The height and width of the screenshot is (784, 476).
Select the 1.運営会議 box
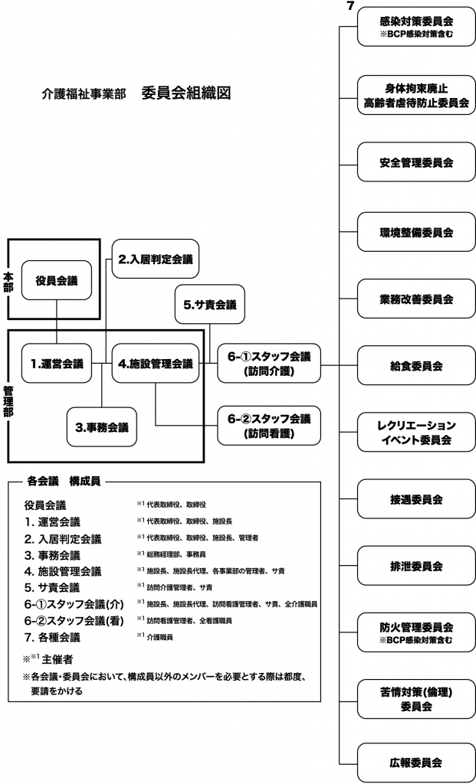[x=57, y=364]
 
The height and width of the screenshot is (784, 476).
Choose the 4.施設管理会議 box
[x=155, y=364]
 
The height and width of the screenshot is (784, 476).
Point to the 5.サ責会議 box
[x=209, y=304]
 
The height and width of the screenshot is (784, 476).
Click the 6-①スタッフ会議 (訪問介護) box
[x=268, y=364]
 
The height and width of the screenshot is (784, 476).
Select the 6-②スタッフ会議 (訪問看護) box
[x=268, y=426]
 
